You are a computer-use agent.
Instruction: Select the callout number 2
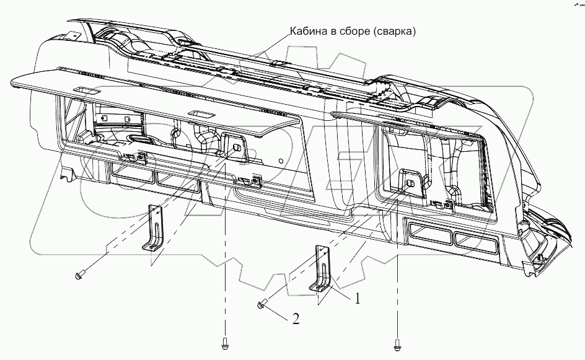296,320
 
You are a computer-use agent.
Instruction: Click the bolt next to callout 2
262,304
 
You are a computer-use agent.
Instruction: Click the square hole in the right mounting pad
409,183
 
